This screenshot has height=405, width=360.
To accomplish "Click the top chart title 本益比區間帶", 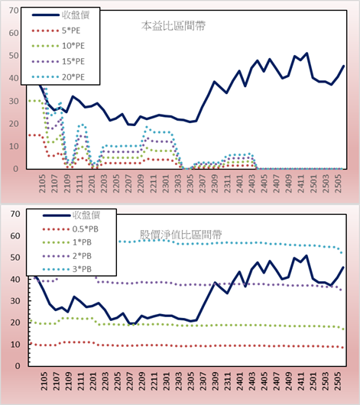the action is [174, 26].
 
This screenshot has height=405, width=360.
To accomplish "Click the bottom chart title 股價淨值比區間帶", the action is [181, 235].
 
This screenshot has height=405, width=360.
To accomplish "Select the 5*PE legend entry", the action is [56, 31].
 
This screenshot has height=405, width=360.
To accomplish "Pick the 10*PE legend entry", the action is [58, 46].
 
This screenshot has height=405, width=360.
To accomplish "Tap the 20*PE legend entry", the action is [58, 77].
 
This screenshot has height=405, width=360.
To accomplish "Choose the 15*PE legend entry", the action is [58, 61].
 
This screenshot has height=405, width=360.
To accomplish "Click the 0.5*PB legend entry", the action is [70, 229].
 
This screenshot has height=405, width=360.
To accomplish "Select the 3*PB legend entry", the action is [67, 269].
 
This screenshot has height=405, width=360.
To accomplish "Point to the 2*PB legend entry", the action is [67, 256].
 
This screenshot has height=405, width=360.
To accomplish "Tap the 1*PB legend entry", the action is [67, 242].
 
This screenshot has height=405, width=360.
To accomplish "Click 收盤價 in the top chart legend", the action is [60, 15].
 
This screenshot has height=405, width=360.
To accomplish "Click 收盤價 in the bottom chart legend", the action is [71, 215].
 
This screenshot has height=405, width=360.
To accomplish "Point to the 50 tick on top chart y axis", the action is [14, 56].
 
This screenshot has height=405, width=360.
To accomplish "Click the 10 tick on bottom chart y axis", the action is [15, 345].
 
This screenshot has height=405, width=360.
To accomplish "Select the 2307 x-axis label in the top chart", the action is [203, 183].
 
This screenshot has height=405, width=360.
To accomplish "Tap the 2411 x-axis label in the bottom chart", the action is [301, 381].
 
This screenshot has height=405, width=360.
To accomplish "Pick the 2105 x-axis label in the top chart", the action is [42, 183].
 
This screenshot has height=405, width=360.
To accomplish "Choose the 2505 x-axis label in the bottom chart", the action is [338, 381].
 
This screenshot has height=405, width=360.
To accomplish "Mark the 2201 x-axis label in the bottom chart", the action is [92, 381].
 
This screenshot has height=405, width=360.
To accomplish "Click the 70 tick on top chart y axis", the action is [14, 11].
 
